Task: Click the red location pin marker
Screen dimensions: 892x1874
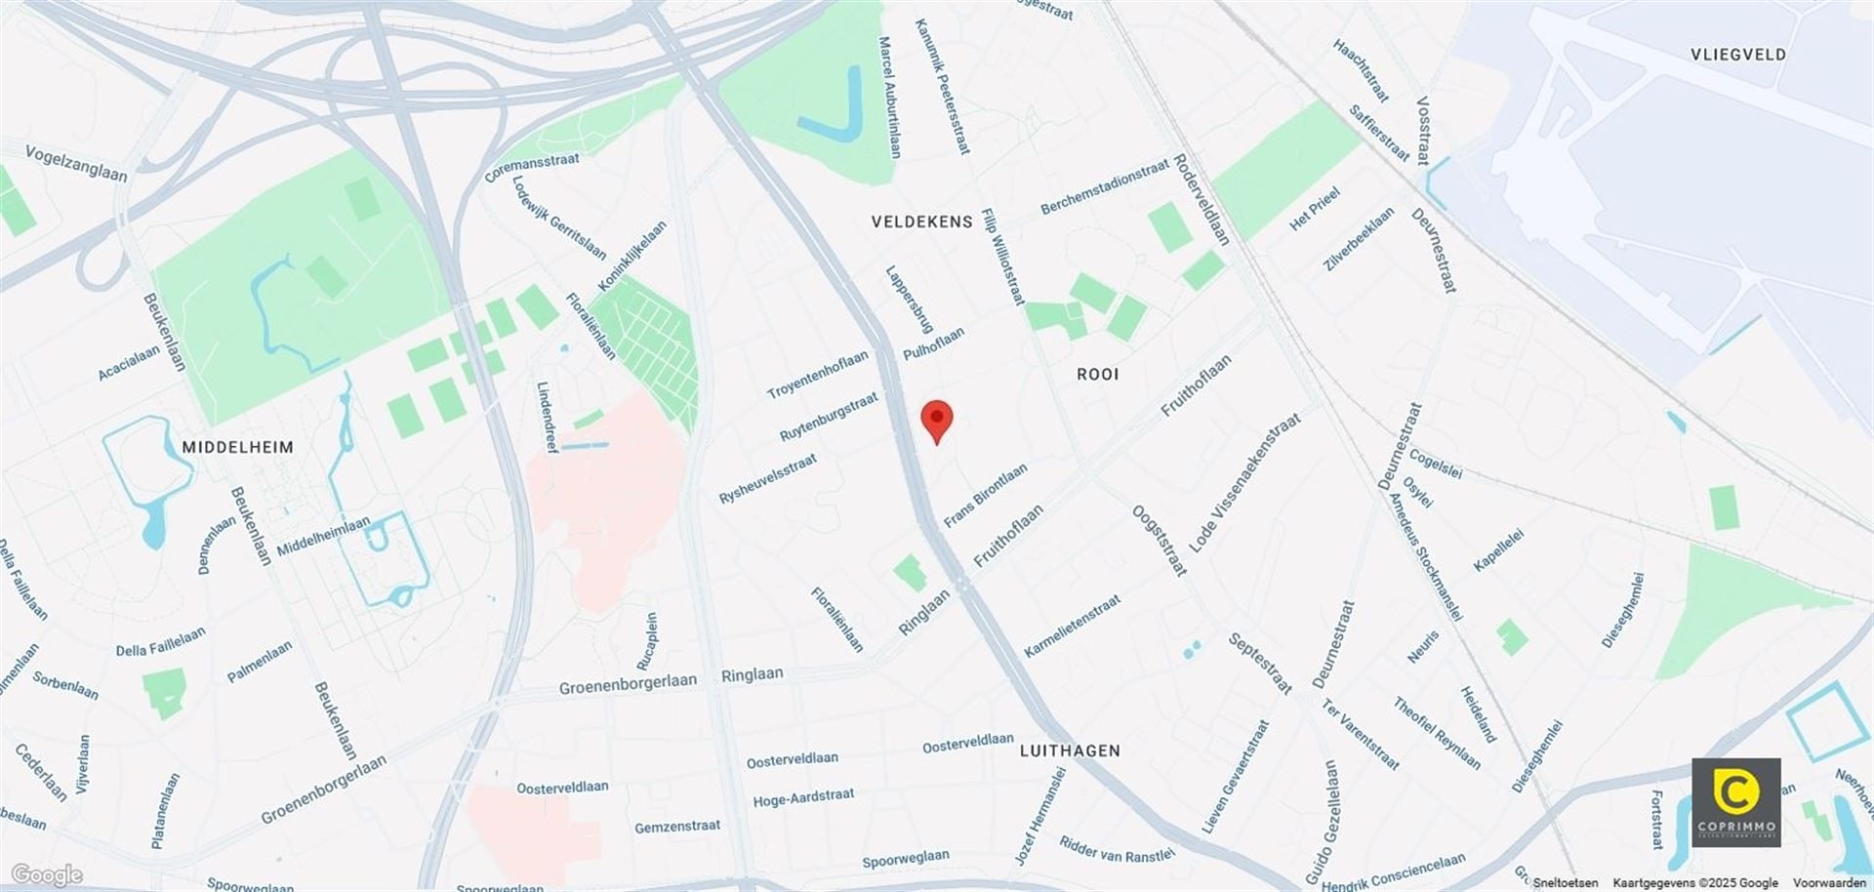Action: click(937, 420)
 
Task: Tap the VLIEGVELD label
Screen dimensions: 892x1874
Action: click(1738, 55)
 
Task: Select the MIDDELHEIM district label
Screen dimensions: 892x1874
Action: click(237, 447)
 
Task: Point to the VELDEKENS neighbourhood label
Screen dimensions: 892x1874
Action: click(921, 223)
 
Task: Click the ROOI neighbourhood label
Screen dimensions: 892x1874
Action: click(1097, 374)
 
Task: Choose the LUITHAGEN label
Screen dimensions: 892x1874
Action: click(1070, 750)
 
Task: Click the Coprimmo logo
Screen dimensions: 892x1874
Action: click(1735, 802)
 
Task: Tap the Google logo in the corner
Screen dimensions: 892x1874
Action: click(46, 874)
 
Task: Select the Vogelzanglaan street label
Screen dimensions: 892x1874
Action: click(76, 163)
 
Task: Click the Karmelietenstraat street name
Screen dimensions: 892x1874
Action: click(1072, 626)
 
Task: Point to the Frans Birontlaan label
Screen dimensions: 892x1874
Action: click(985, 496)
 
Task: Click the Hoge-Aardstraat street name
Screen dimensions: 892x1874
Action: click(803, 798)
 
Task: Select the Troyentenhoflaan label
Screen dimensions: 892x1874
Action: click(817, 375)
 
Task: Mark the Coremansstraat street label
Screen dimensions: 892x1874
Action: click(531, 167)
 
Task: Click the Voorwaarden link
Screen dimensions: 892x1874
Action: click(1829, 883)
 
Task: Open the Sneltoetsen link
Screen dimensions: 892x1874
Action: click(1565, 883)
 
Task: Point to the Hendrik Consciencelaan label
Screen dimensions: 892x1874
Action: click(1393, 872)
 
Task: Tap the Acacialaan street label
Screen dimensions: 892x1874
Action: click(129, 363)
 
